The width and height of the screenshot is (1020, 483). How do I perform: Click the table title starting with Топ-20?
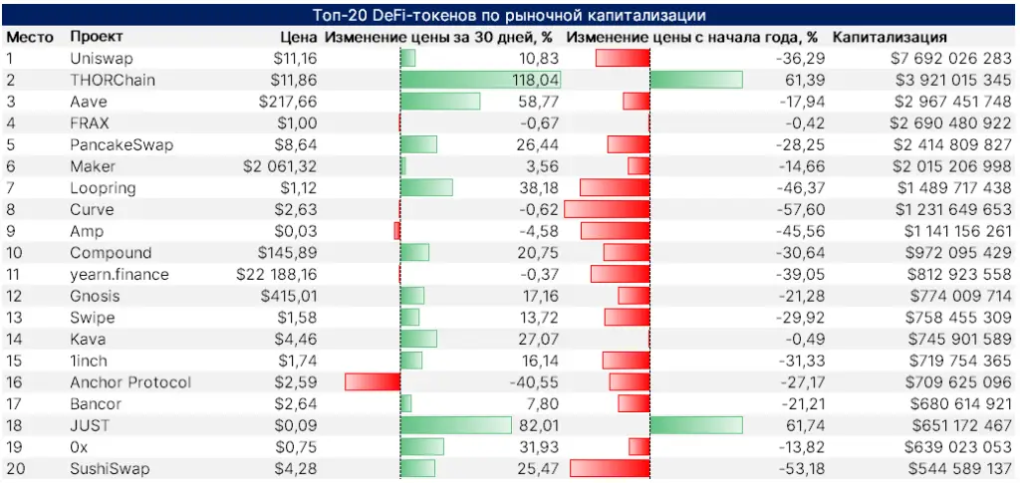tap(509, 16)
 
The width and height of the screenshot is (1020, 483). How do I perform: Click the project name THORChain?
tap(113, 80)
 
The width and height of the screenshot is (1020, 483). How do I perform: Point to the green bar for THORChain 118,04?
tap(480, 80)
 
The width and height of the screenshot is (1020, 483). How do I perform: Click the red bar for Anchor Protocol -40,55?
tap(372, 382)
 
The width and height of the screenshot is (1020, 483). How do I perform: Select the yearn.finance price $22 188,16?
tap(277, 275)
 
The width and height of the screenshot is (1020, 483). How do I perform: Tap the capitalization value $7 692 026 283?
tap(950, 59)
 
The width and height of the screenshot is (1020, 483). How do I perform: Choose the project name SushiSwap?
tap(110, 469)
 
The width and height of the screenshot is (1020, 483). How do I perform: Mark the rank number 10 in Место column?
tap(14, 253)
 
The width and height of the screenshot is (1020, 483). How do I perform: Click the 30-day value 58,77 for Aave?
tap(539, 102)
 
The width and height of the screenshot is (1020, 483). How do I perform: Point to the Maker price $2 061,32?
tap(280, 166)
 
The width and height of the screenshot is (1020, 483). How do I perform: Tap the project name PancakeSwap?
tap(122, 145)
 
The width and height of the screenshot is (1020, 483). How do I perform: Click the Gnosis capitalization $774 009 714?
tap(955, 297)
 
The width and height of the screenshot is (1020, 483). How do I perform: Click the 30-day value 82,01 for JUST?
tap(539, 426)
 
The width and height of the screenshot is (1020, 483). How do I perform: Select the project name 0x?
tap(79, 447)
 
